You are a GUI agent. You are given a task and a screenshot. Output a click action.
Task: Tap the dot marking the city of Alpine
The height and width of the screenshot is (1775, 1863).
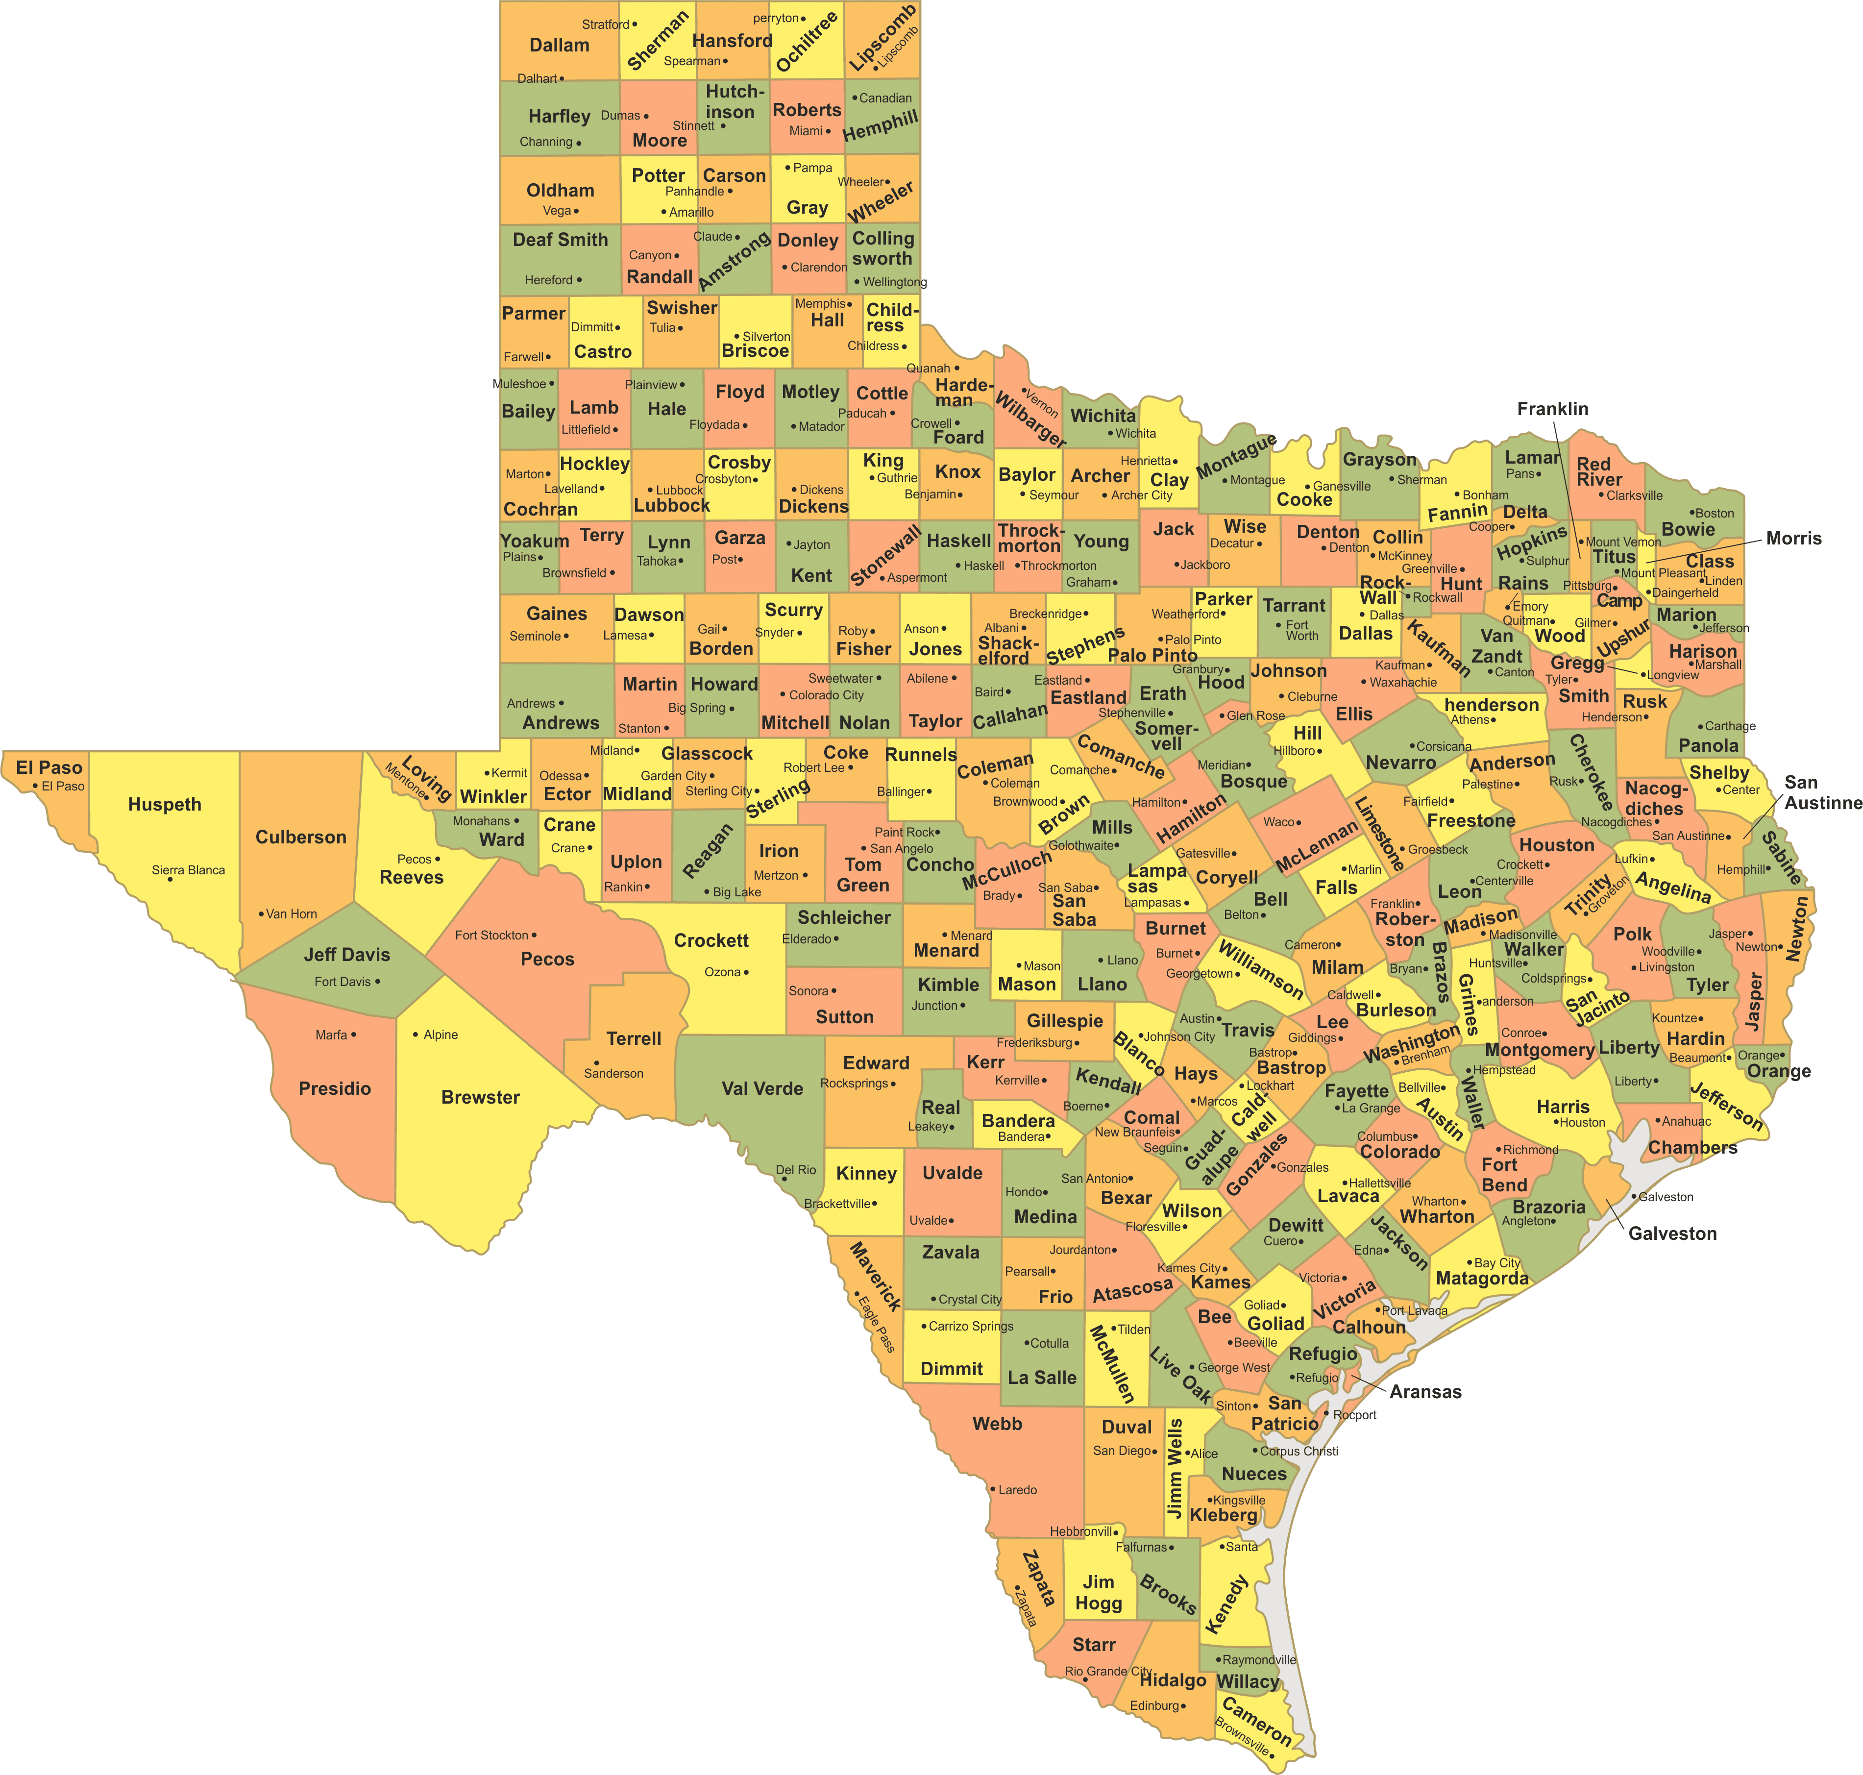(416, 1034)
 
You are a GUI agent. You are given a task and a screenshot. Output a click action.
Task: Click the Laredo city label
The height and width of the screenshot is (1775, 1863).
(1017, 1489)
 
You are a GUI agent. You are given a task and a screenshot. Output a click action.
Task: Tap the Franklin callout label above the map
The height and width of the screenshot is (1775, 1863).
(1553, 409)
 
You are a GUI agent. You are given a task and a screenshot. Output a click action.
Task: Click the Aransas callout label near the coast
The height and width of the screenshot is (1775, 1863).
(1425, 1392)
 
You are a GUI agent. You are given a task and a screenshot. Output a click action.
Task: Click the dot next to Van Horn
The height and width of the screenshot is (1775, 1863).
(261, 914)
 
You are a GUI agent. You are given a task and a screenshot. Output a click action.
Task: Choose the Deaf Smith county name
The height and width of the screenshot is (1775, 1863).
(560, 239)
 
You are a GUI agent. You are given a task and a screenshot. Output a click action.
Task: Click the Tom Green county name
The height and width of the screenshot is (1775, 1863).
(863, 874)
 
